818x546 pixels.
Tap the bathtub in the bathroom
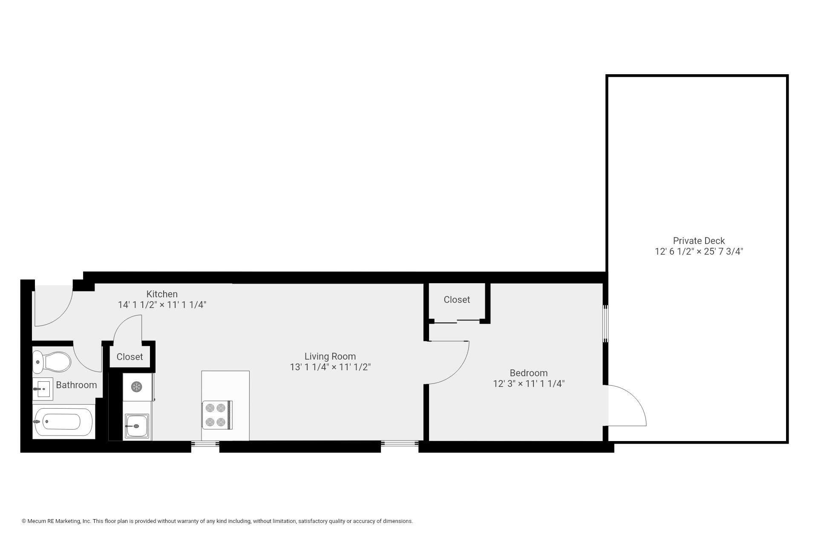click(x=63, y=422)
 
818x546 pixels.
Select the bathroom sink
click(x=43, y=389)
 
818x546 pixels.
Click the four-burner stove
click(x=217, y=415)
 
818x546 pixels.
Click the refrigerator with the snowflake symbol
click(x=137, y=387)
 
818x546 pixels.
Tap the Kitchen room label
click(x=162, y=294)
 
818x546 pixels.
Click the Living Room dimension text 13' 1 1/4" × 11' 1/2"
click(x=330, y=367)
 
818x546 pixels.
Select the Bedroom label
click(x=528, y=373)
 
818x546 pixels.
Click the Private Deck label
click(x=699, y=241)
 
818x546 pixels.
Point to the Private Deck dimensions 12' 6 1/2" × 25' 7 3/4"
click(x=699, y=252)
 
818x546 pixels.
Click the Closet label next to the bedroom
click(x=457, y=300)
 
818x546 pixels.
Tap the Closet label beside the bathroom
click(x=130, y=357)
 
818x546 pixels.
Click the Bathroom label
click(x=76, y=385)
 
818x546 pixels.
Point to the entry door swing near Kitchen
click(x=53, y=307)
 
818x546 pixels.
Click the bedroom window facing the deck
click(x=605, y=323)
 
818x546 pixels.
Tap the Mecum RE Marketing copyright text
click(x=217, y=521)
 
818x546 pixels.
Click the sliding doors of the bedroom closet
click(x=457, y=321)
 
